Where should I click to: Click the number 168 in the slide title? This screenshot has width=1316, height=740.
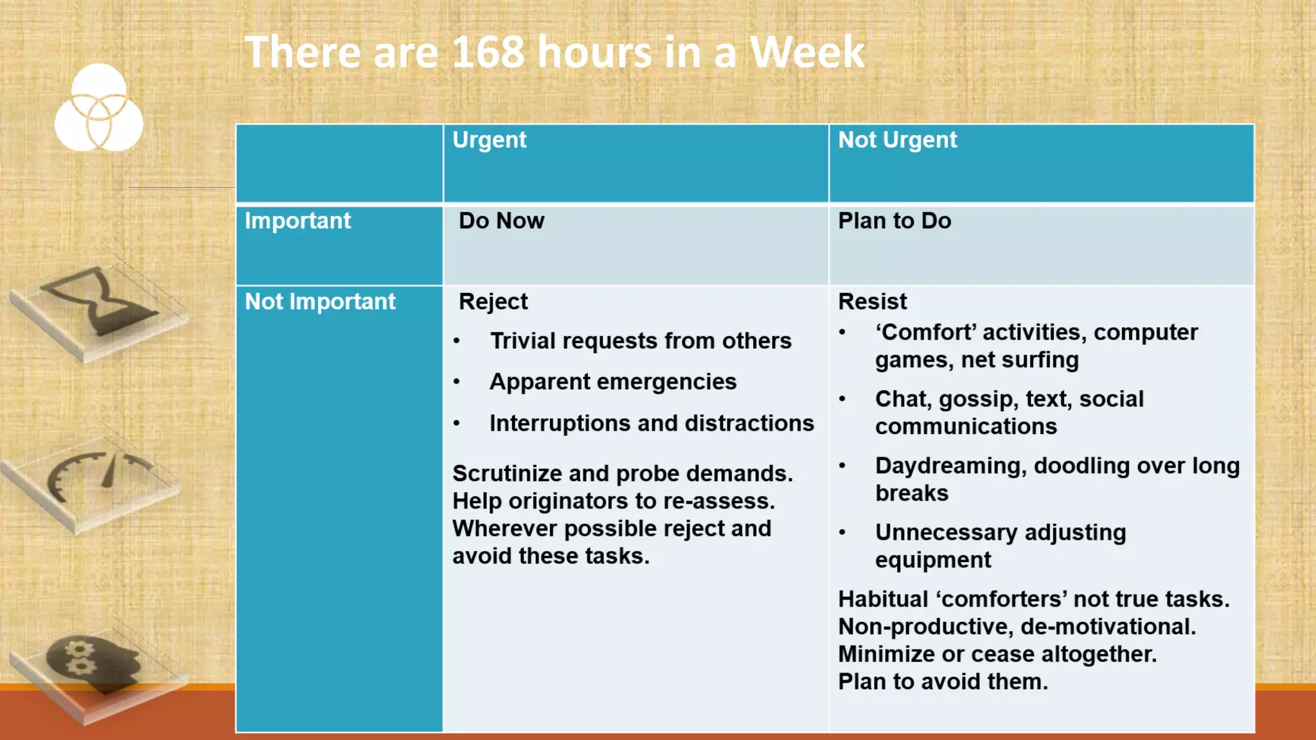tap(488, 53)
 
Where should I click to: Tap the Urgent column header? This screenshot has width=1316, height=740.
tap(489, 140)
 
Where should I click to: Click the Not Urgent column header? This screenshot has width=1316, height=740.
tap(897, 140)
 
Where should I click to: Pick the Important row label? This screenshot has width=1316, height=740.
tap(298, 221)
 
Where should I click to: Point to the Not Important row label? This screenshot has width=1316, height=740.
tap(320, 302)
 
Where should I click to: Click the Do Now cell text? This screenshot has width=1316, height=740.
tap(501, 221)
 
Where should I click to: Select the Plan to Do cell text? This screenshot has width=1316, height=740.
tap(894, 221)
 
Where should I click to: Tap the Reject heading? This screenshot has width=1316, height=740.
tap(493, 302)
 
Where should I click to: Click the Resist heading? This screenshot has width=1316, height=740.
tap(872, 302)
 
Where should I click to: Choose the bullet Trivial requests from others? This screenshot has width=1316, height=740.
tap(640, 341)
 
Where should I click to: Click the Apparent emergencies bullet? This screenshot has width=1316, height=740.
tap(612, 382)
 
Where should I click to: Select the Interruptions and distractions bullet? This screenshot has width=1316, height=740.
tap(652, 424)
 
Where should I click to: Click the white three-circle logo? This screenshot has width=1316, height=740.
tap(99, 108)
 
